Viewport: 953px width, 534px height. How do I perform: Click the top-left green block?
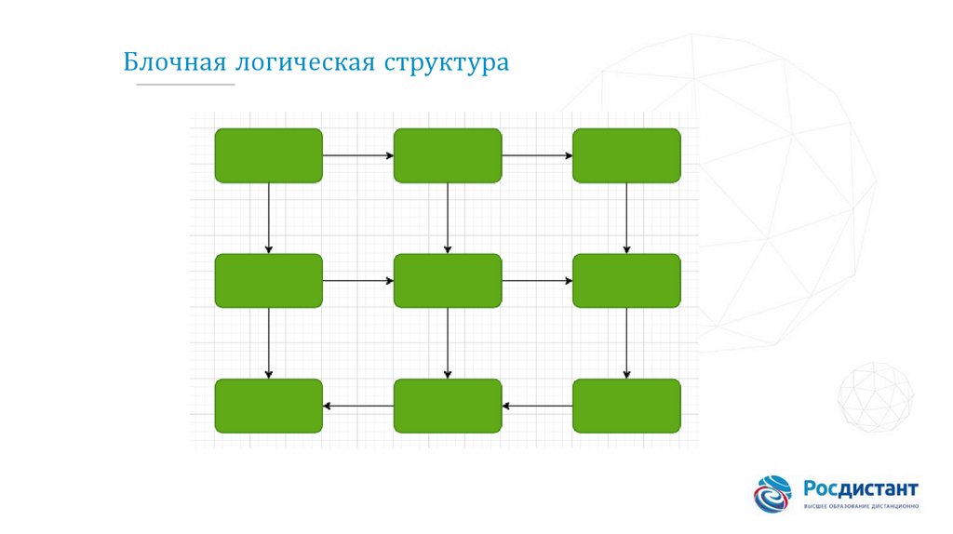click(269, 155)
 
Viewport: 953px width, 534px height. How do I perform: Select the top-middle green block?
click(448, 155)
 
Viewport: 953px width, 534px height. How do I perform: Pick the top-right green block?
click(626, 155)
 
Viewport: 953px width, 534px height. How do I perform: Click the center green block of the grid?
click(448, 280)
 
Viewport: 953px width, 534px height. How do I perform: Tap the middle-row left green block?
click(269, 280)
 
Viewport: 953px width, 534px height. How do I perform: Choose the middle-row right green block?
click(626, 280)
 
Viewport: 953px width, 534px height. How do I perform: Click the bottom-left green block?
click(269, 406)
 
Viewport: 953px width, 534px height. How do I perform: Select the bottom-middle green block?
click(448, 406)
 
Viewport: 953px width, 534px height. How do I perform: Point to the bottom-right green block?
click(626, 406)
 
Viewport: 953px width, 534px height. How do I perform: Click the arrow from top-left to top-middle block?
click(358, 155)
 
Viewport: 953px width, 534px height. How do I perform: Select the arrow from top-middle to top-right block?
click(537, 155)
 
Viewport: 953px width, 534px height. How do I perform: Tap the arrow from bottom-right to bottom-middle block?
click(537, 406)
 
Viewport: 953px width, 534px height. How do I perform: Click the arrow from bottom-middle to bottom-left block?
click(358, 406)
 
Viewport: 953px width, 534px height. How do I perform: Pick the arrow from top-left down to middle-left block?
click(269, 218)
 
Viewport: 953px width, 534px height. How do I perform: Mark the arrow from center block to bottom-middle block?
click(448, 343)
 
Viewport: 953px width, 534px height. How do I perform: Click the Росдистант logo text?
click(861, 488)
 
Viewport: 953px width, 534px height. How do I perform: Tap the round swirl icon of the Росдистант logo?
click(773, 494)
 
